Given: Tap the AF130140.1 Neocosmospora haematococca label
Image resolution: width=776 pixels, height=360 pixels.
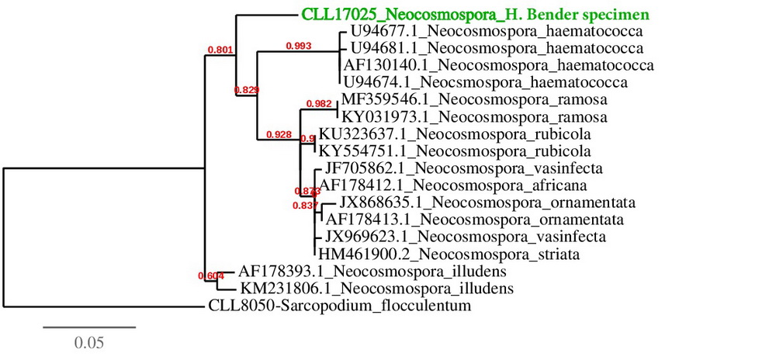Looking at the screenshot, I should (x=500, y=66).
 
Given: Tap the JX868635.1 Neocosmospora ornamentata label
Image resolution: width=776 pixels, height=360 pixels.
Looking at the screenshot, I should (x=487, y=202).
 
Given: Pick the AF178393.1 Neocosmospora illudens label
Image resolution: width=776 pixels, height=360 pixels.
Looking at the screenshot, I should (x=372, y=272).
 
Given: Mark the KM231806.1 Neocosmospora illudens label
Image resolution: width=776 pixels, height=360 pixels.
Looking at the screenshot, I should (x=376, y=289).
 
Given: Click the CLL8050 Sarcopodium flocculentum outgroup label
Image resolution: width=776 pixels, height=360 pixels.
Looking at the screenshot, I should (x=340, y=306).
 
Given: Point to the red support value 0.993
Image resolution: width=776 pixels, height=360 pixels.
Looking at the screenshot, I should (x=298, y=46).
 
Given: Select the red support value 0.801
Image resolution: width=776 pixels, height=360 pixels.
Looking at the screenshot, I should (x=220, y=50).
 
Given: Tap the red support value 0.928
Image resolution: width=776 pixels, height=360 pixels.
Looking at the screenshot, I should (x=278, y=134).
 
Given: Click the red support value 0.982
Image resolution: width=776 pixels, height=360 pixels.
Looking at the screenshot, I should (x=318, y=103).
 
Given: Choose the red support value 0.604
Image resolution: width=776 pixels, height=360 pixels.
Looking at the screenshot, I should (x=211, y=275).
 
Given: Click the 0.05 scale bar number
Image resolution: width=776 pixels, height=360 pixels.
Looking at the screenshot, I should (x=88, y=341).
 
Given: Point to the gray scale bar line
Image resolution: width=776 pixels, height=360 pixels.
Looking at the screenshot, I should (x=88, y=327).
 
